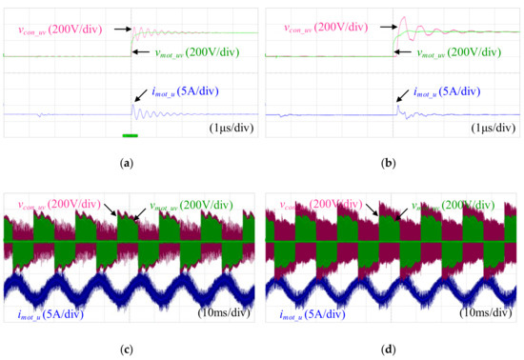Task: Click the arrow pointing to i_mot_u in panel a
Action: [142, 98]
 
